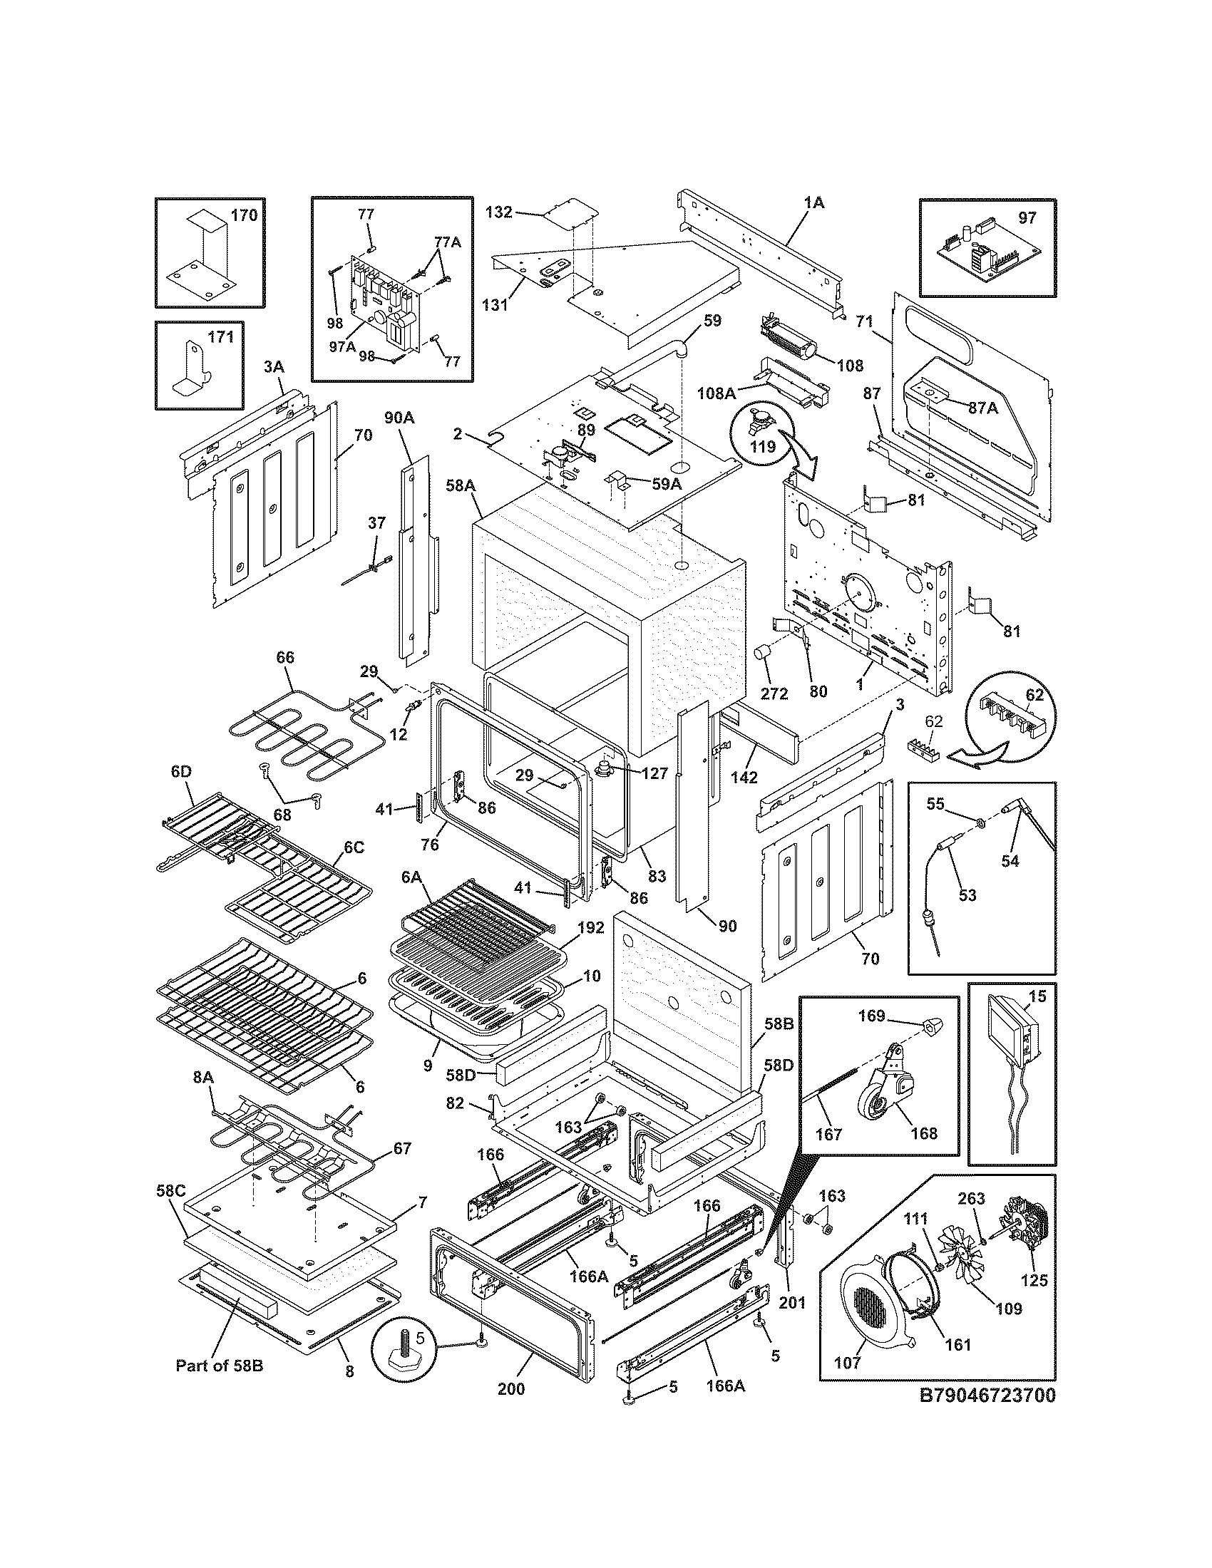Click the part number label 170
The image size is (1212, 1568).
point(244,215)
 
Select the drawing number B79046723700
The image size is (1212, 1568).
point(987,1396)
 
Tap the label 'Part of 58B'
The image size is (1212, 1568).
point(219,1366)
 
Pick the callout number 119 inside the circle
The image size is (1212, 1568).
point(763,447)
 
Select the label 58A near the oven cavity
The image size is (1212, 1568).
point(461,486)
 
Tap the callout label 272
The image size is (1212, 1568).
point(774,693)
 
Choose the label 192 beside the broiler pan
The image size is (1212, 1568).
point(590,927)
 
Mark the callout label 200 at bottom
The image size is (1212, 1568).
point(510,1388)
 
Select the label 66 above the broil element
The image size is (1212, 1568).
point(285,657)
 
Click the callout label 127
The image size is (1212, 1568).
point(654,773)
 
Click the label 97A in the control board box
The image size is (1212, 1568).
point(341,346)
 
